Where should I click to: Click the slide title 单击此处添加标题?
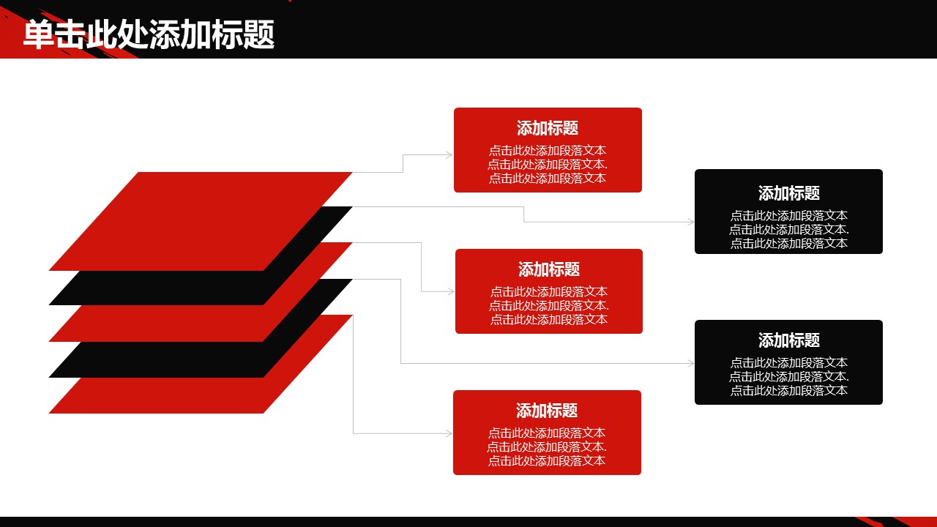[149, 34]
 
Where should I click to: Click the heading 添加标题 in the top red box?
[548, 128]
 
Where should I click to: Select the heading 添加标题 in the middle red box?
[549, 269]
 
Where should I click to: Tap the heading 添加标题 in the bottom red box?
[547, 411]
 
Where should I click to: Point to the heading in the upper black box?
[788, 193]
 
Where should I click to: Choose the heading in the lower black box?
[788, 340]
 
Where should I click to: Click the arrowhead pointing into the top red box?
[449, 155]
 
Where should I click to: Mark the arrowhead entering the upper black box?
[690, 222]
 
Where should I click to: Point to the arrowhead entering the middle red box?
[451, 292]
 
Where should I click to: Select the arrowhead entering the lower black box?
[690, 364]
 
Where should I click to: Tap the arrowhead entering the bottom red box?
[449, 434]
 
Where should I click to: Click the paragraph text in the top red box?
[548, 165]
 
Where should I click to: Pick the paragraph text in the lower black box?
[788, 377]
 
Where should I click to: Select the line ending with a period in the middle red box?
[549, 306]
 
